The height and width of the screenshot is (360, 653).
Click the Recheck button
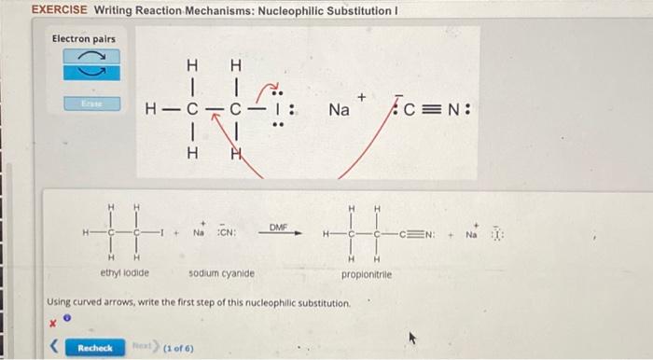[x=95, y=348]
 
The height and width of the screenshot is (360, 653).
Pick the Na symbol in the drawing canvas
[x=340, y=110]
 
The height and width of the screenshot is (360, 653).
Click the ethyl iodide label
[x=125, y=273]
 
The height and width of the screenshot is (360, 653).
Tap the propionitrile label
[x=367, y=275]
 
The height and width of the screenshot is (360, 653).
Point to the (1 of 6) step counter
[x=178, y=348]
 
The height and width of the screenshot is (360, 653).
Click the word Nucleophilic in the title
[x=271, y=10]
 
